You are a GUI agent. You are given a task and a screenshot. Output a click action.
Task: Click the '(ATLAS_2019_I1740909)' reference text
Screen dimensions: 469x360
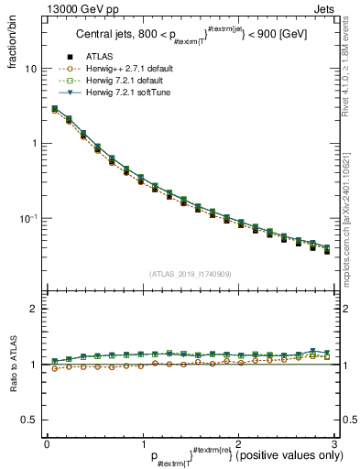(x=190, y=274)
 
